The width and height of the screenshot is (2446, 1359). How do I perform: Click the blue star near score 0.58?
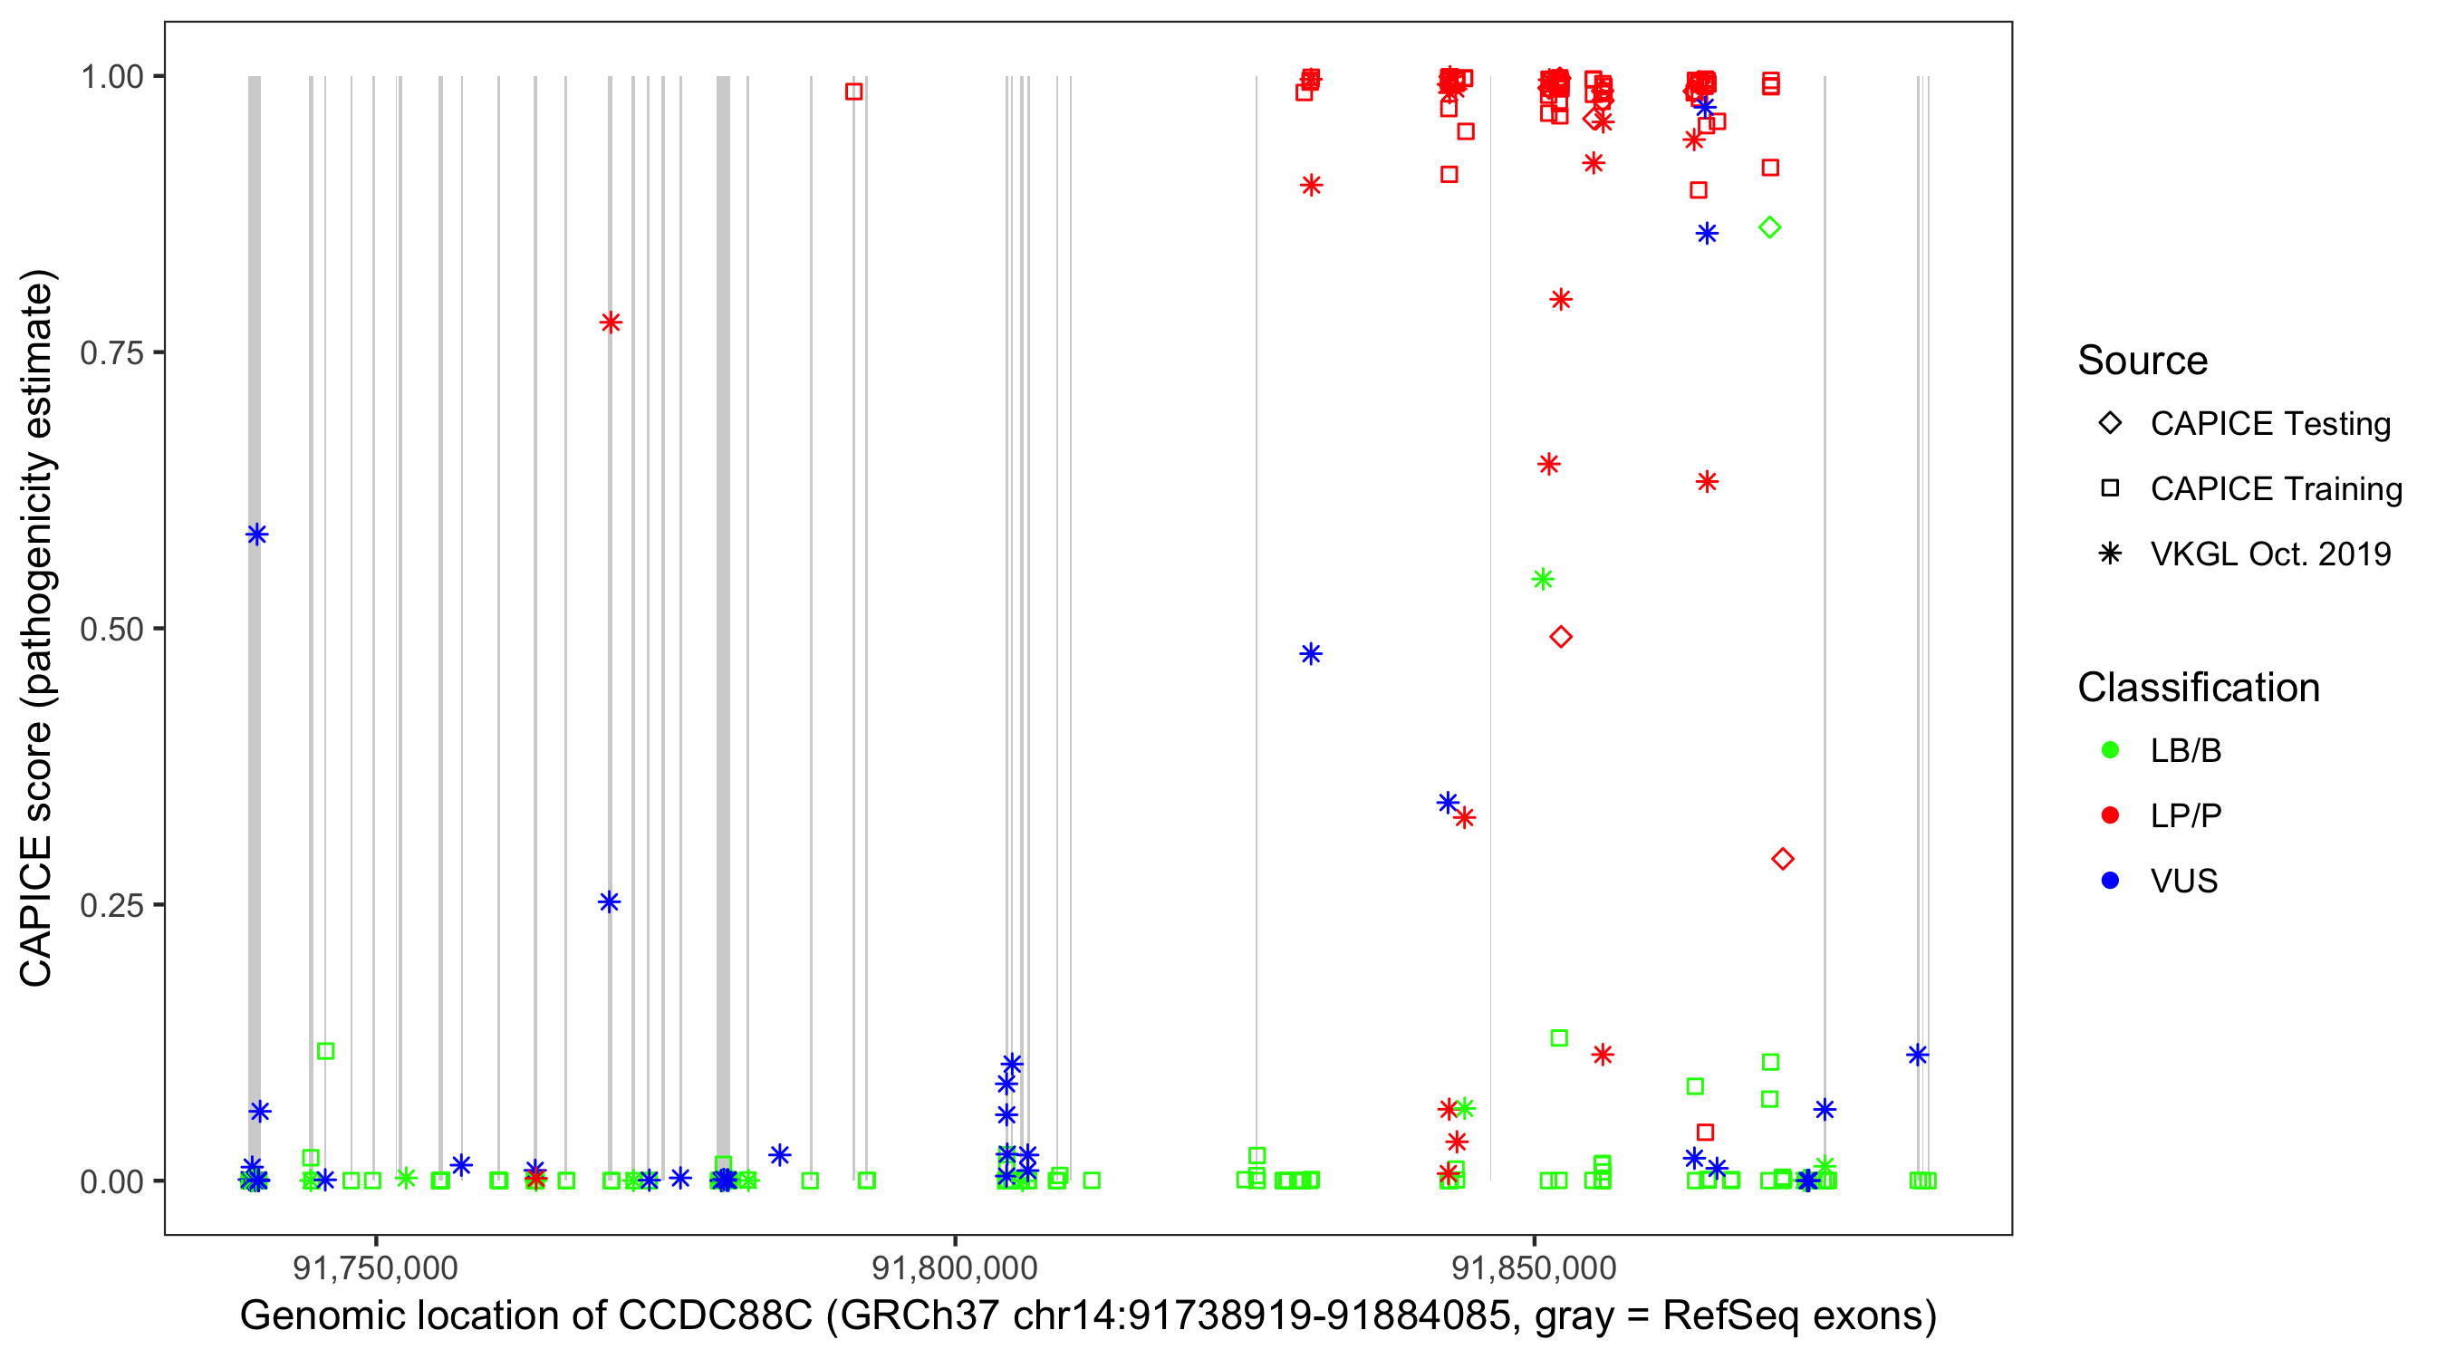coord(256,535)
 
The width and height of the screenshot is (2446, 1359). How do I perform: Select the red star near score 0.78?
coord(611,323)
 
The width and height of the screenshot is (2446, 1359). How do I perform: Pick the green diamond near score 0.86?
coord(1769,228)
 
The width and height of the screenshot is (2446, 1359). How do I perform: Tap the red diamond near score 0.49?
coord(1560,637)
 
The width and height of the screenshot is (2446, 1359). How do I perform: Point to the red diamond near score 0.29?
coord(1782,860)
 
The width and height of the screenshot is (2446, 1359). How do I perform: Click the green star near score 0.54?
coord(1543,579)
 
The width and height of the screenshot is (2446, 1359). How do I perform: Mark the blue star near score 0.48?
coord(1310,654)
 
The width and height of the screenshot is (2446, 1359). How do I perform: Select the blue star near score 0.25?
coord(610,902)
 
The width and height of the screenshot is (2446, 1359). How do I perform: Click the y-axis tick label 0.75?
coord(111,353)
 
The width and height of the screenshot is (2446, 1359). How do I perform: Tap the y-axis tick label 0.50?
coord(111,629)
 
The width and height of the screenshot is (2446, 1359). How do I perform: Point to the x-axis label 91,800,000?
coord(954,1267)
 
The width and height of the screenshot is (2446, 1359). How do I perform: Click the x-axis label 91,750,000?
coord(375,1267)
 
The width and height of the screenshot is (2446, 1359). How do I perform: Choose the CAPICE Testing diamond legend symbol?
coord(2110,424)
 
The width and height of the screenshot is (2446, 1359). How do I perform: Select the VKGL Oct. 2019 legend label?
coord(2270,554)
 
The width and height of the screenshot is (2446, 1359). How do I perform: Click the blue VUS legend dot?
coord(2110,881)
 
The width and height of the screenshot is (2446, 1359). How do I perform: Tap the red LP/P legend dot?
coord(2110,815)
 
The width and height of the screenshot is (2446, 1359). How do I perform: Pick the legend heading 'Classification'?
coord(2198,688)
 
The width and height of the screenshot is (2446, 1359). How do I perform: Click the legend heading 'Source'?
coord(2143,361)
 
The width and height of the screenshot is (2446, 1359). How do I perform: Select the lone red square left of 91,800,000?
coord(853,92)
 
